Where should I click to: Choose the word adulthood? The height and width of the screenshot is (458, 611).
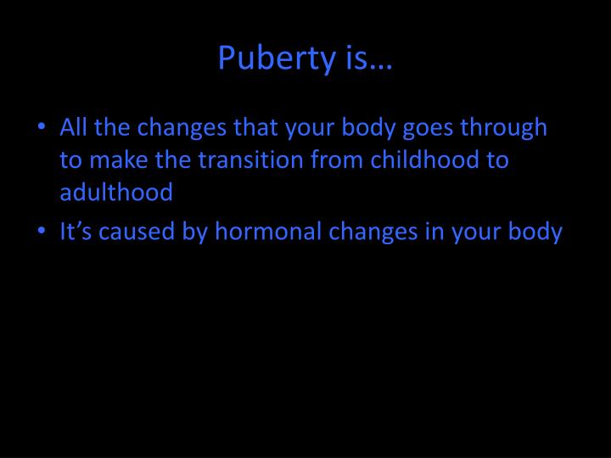(x=116, y=193)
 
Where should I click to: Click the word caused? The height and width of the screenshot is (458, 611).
(x=137, y=232)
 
